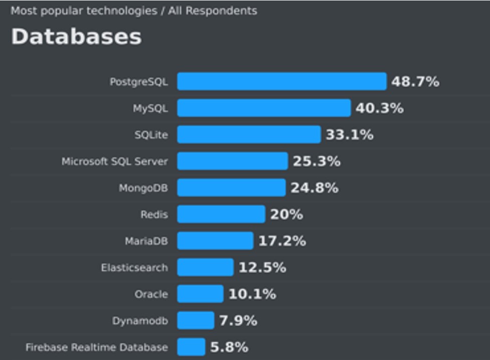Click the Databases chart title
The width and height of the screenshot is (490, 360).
click(76, 37)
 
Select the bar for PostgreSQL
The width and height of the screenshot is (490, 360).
click(281, 81)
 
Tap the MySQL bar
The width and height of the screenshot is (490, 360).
click(264, 108)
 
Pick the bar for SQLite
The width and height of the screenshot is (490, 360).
click(249, 134)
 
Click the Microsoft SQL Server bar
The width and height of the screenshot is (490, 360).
click(232, 161)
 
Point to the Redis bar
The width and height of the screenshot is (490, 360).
click(221, 214)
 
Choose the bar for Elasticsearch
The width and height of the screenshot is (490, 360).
click(205, 267)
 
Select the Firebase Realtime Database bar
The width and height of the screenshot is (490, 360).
click(191, 346)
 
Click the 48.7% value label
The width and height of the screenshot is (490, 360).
click(415, 81)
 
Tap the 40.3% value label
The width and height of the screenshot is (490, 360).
click(380, 108)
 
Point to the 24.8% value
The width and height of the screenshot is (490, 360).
click(314, 188)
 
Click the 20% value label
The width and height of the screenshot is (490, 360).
click(286, 215)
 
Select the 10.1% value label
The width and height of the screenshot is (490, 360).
click(252, 294)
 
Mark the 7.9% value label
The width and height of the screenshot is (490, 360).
click(238, 320)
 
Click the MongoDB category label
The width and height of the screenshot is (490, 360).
click(143, 188)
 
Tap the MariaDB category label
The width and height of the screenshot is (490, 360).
click(146, 241)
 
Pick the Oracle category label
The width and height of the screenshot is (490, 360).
click(151, 294)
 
